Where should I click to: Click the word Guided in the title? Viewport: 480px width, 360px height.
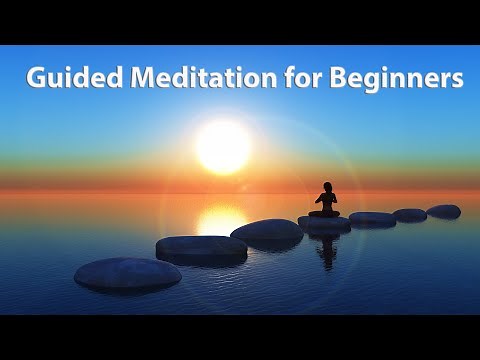[x=65, y=78]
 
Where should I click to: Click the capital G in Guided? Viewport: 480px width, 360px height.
[x=37, y=78]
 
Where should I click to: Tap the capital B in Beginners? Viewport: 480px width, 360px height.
[x=320, y=78]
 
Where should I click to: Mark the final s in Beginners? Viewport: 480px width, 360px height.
[x=457, y=80]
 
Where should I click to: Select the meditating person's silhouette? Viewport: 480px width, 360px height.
[x=324, y=201]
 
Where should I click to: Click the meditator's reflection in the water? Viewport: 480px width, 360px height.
[x=326, y=250]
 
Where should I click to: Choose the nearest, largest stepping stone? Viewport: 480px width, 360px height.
[x=114, y=274]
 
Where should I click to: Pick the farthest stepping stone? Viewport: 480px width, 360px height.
[x=443, y=211]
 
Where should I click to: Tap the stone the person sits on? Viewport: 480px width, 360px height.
[x=324, y=222]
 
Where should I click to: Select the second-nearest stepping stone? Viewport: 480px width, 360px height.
[x=201, y=247]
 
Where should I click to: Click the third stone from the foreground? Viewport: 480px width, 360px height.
[x=267, y=230]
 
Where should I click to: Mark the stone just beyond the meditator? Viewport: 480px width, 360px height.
[x=372, y=218]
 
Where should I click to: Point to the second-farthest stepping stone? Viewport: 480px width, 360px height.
[x=409, y=214]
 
